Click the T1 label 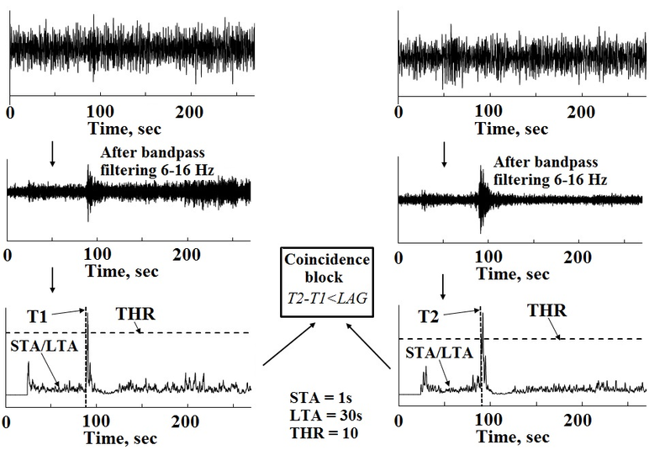point(37,317)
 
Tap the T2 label point(429,316)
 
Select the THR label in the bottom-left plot point(135,314)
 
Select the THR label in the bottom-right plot point(547,311)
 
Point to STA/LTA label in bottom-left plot point(45,346)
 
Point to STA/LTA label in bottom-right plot point(440,352)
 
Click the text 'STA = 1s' point(321,397)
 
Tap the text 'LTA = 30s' point(326,416)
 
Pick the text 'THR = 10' point(325,433)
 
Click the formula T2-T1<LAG point(327,298)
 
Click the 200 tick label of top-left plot point(189,112)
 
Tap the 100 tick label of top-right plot point(488,111)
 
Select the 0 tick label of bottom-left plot point(6,422)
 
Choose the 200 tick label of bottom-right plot point(578,421)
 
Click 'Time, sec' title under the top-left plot point(124,129)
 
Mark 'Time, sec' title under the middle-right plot point(513,274)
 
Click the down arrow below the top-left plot point(52,154)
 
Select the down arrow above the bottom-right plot point(443,287)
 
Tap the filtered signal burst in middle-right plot point(482,199)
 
